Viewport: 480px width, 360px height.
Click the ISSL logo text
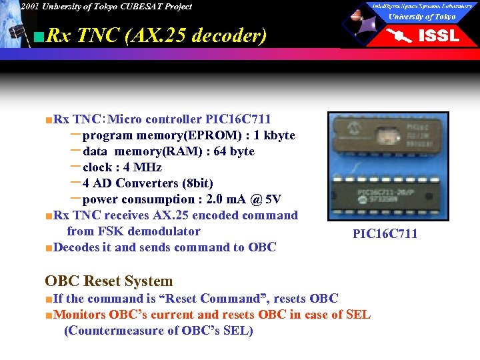(438, 36)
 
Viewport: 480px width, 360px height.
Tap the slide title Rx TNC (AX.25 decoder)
(157, 35)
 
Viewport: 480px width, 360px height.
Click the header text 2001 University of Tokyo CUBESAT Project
(105, 7)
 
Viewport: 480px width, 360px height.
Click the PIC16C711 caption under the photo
(385, 233)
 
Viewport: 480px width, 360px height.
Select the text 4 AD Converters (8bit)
(148, 183)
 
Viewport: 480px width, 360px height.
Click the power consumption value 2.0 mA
(235, 199)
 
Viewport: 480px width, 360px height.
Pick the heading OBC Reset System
(109, 281)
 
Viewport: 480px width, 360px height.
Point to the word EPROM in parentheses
(217, 135)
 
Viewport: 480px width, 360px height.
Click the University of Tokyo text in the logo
(422, 17)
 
